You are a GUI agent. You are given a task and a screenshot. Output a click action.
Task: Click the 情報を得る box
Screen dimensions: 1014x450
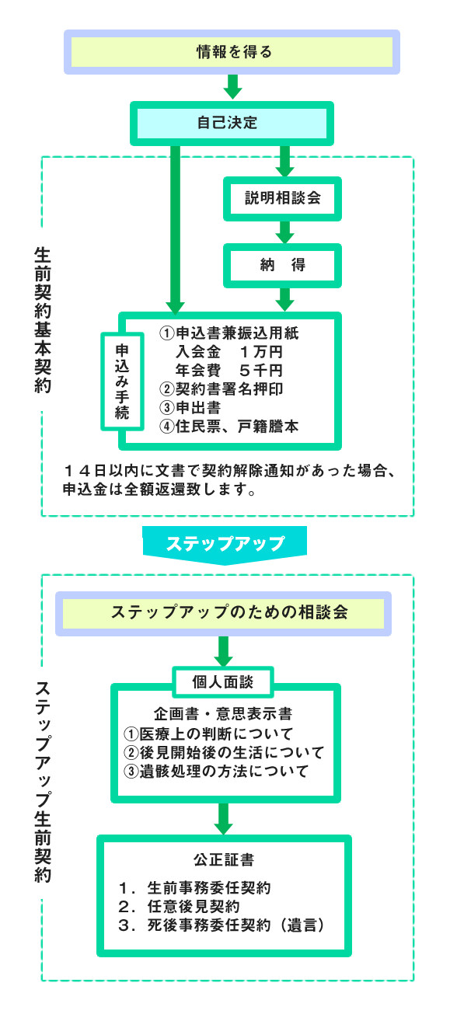232,52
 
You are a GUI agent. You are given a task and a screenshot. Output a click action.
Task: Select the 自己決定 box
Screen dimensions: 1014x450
232,123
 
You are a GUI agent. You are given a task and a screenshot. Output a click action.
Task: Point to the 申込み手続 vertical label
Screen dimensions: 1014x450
122,380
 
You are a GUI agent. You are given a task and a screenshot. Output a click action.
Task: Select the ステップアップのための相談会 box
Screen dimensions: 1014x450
223,612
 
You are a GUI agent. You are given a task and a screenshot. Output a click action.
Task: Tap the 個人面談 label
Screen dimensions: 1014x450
222,682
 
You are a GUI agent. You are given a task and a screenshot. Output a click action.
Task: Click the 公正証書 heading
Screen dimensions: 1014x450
224,860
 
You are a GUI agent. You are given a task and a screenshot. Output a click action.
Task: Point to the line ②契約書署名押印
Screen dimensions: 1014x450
222,389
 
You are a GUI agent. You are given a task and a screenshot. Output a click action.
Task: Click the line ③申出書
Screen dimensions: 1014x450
191,407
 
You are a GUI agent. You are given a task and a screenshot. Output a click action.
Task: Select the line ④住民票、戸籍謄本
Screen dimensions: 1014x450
229,427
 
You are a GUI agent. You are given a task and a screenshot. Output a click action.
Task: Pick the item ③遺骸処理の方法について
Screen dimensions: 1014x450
217,771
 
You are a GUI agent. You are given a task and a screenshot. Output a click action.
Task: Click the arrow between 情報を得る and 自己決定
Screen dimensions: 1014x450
232,87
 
